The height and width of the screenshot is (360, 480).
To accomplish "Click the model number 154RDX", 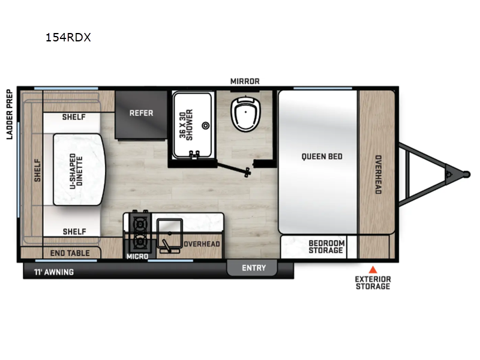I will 68,37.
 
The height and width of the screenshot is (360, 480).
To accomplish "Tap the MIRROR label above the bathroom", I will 245,81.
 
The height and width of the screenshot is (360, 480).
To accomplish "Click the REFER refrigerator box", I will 142,113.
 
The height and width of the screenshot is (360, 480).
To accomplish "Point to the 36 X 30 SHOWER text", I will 185,124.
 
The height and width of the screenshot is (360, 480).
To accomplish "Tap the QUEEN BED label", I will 322,156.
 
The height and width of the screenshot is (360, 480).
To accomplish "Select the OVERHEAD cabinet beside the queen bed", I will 378,174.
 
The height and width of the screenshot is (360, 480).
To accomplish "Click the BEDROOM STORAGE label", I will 326,247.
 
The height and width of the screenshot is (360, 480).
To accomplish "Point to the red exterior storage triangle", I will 373,269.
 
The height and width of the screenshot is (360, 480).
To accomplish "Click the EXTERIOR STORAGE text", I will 373,283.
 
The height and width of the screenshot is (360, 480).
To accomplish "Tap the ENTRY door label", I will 254,268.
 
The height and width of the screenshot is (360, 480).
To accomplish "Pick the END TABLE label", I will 70,253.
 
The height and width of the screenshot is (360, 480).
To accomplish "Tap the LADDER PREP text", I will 10,114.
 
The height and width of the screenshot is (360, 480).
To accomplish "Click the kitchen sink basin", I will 170,230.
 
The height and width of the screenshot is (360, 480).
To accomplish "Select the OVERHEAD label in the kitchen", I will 202,244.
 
